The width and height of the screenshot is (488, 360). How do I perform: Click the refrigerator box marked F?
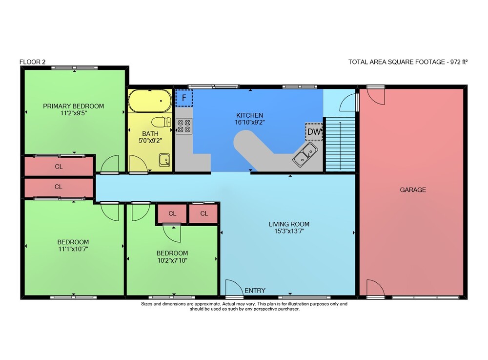pos(184,98)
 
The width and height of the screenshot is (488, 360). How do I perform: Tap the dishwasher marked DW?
pos(314,132)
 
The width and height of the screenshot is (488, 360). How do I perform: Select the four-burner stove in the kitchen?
pos(184,126)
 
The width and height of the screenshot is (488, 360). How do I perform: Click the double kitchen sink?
pos(305,154)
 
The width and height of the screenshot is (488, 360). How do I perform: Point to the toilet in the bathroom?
pos(162,122)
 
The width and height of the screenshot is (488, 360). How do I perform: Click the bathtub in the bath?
pos(150,101)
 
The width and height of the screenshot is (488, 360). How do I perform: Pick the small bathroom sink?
pos(164,160)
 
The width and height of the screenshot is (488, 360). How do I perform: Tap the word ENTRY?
pos(255,291)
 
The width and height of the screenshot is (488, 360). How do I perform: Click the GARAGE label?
pos(413,190)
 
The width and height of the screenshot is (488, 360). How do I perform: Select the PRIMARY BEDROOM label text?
pos(74,106)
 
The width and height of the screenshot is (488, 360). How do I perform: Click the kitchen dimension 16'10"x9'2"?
pos(249,123)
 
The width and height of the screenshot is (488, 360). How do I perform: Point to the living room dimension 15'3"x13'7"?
pos(289,231)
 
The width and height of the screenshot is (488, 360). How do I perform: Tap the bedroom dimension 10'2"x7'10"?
pos(172,260)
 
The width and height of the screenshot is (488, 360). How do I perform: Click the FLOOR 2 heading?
pos(32,62)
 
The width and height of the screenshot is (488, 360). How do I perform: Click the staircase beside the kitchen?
pos(340,144)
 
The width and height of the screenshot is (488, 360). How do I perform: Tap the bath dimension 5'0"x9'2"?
pos(150,141)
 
